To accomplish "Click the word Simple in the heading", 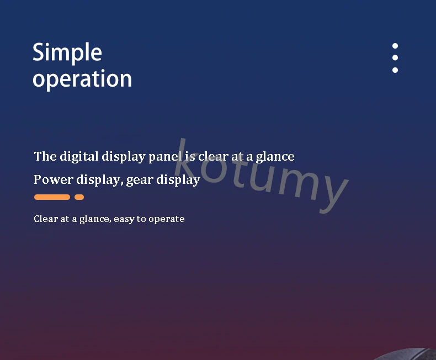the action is [67, 53].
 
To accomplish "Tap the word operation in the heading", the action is [82, 80].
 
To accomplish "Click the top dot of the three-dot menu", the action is [395, 46].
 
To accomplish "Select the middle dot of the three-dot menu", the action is [395, 57].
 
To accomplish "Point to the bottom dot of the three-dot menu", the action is [395, 70].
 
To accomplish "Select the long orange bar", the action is [52, 197].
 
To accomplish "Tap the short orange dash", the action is [79, 197].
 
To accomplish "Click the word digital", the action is [79, 157].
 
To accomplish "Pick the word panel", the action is [165, 157].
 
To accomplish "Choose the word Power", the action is [54, 179].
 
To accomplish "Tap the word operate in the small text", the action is [167, 220].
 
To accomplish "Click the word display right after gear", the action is [178, 180].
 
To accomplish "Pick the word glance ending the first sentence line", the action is [275, 157].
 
